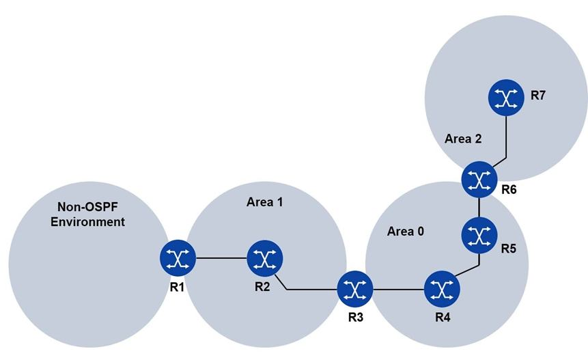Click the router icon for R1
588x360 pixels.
178,258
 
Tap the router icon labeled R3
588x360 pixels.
355,290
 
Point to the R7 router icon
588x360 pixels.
506,97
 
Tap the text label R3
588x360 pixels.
355,318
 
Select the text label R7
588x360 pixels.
538,96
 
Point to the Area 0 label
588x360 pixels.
406,231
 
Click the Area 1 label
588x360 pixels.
264,202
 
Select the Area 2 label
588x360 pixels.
463,139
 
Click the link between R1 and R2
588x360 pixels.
221,258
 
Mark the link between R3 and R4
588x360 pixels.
398,290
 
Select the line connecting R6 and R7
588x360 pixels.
506,137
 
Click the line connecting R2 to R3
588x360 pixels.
311,290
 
